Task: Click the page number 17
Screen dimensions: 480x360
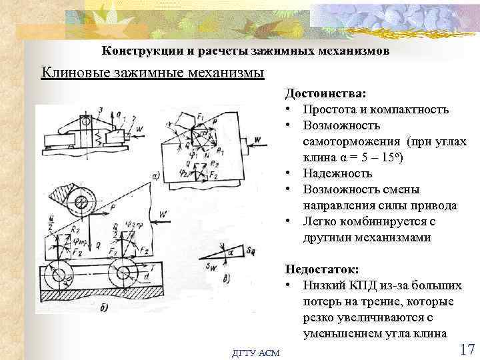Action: pos(466,349)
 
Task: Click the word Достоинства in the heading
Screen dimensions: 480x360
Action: pos(317,95)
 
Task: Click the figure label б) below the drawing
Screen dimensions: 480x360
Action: pos(103,308)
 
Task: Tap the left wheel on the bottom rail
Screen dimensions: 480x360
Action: pos(59,277)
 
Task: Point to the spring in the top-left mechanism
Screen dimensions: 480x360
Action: pos(99,136)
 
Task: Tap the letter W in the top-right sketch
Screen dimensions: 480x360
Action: pos(257,139)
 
